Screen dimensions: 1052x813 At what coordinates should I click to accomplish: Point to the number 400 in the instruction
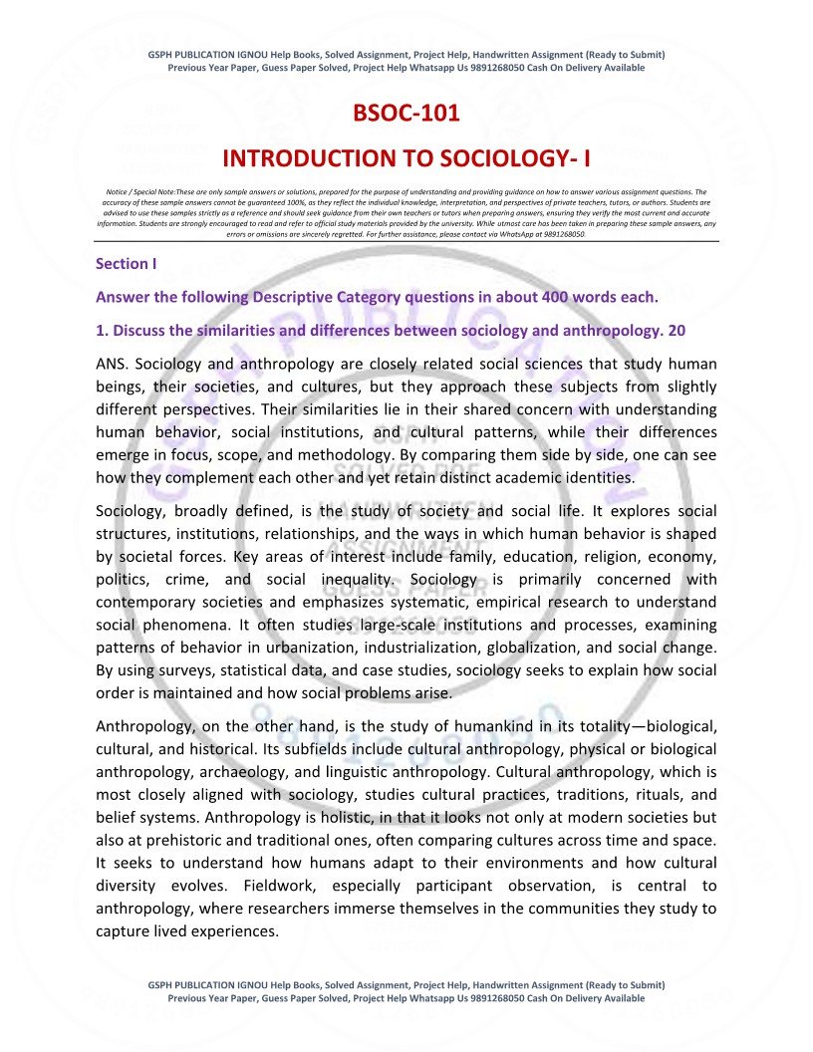(559, 297)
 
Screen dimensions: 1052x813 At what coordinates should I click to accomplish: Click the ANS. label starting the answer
(115, 364)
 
